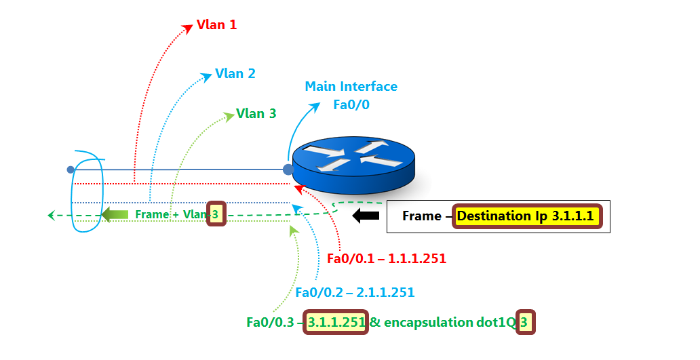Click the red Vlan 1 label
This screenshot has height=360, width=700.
coord(216,25)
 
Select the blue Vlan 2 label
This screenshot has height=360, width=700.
coord(235,73)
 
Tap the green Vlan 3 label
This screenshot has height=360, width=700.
coord(256,113)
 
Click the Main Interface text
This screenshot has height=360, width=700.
coord(351,87)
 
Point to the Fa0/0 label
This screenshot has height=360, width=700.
coord(351,105)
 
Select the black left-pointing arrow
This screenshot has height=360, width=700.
coord(366,216)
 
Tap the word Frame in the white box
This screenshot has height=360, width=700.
coord(421,216)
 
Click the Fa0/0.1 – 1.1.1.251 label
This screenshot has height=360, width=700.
coord(386,258)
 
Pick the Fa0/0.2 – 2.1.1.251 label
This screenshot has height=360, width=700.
coord(355,292)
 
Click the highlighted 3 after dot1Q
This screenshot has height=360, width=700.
coord(524,323)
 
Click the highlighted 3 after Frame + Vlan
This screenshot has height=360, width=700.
coord(216,215)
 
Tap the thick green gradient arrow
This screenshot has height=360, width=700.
coord(115,215)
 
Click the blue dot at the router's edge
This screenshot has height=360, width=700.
coord(288,169)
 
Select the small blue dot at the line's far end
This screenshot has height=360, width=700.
coord(70,169)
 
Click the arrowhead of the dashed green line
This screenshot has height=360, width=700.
coord(52,216)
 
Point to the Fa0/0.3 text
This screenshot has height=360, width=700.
coord(269,323)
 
